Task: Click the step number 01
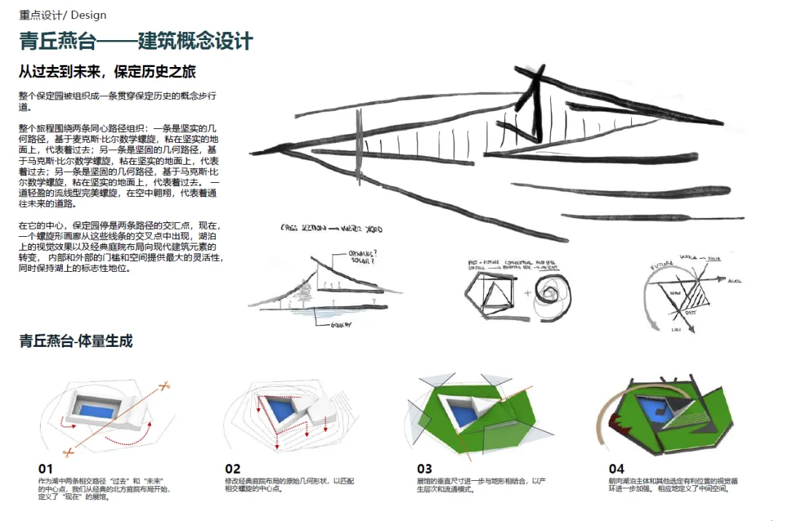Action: click(x=46, y=469)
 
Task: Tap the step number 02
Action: click(x=233, y=469)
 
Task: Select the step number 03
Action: click(x=424, y=469)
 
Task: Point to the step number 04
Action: click(x=617, y=469)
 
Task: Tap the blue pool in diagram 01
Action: click(x=96, y=410)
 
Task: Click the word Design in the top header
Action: click(x=88, y=15)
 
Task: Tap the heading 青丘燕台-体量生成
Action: click(x=76, y=341)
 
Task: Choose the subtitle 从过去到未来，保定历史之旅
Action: click(x=107, y=72)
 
